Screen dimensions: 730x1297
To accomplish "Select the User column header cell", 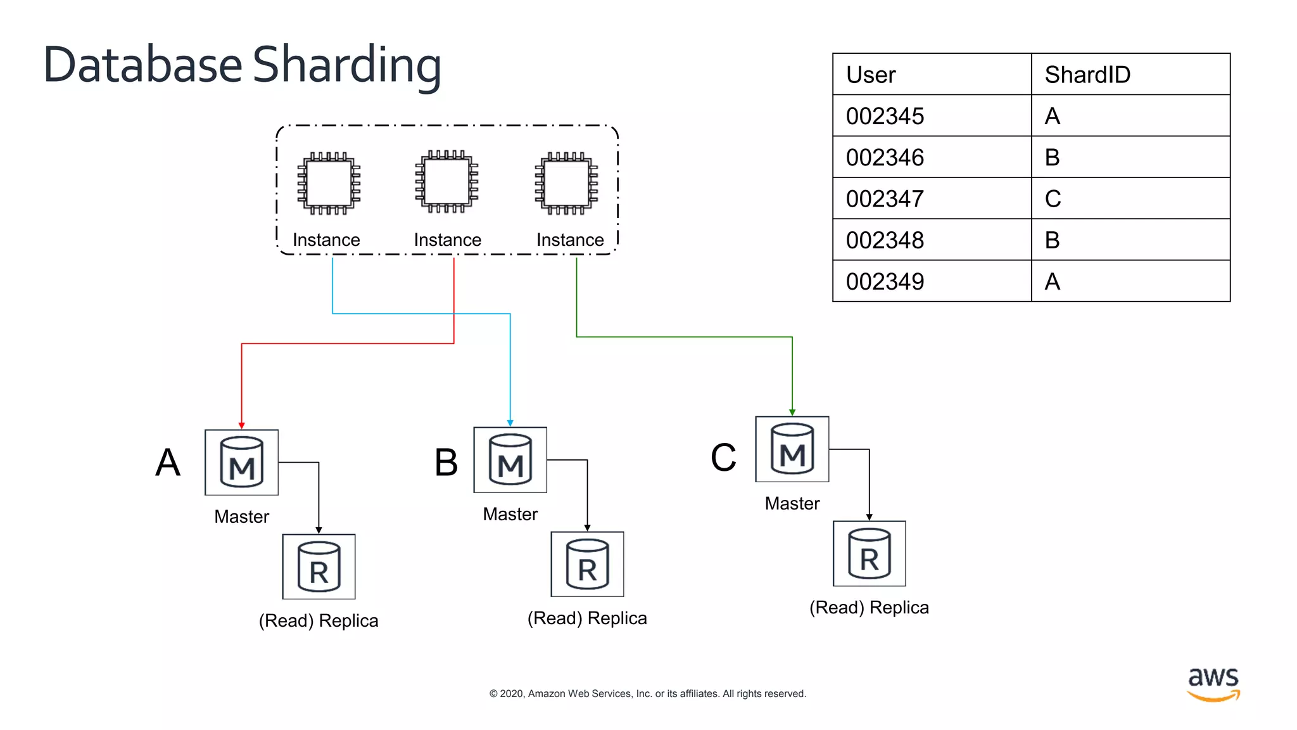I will [x=932, y=75].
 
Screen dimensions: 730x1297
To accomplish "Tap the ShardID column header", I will [x=1130, y=75].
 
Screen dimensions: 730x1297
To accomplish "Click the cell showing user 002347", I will [x=932, y=199].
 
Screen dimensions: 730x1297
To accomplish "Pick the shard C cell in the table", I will [x=1130, y=199].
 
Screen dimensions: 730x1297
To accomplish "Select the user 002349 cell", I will [x=932, y=281].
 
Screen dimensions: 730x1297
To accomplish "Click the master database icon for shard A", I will [x=241, y=462].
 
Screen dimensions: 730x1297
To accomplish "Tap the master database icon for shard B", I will [x=510, y=459].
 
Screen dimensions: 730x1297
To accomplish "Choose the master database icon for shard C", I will [x=792, y=449].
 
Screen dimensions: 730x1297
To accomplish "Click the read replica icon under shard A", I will [x=319, y=567].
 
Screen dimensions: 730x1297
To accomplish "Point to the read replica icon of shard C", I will [x=869, y=553].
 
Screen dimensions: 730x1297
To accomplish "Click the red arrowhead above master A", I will [x=241, y=425].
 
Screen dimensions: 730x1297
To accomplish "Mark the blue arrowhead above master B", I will [x=510, y=423].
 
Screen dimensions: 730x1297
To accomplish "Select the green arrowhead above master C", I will [x=792, y=412].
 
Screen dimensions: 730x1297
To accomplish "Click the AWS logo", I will [x=1213, y=684].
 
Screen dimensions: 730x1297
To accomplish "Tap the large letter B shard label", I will [x=446, y=462].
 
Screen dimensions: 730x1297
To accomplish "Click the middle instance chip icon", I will [x=446, y=182].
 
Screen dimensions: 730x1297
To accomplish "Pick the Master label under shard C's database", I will [x=792, y=503].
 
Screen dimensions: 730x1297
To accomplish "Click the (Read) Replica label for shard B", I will [x=587, y=618].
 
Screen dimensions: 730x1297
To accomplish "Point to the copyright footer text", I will [x=647, y=694].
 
